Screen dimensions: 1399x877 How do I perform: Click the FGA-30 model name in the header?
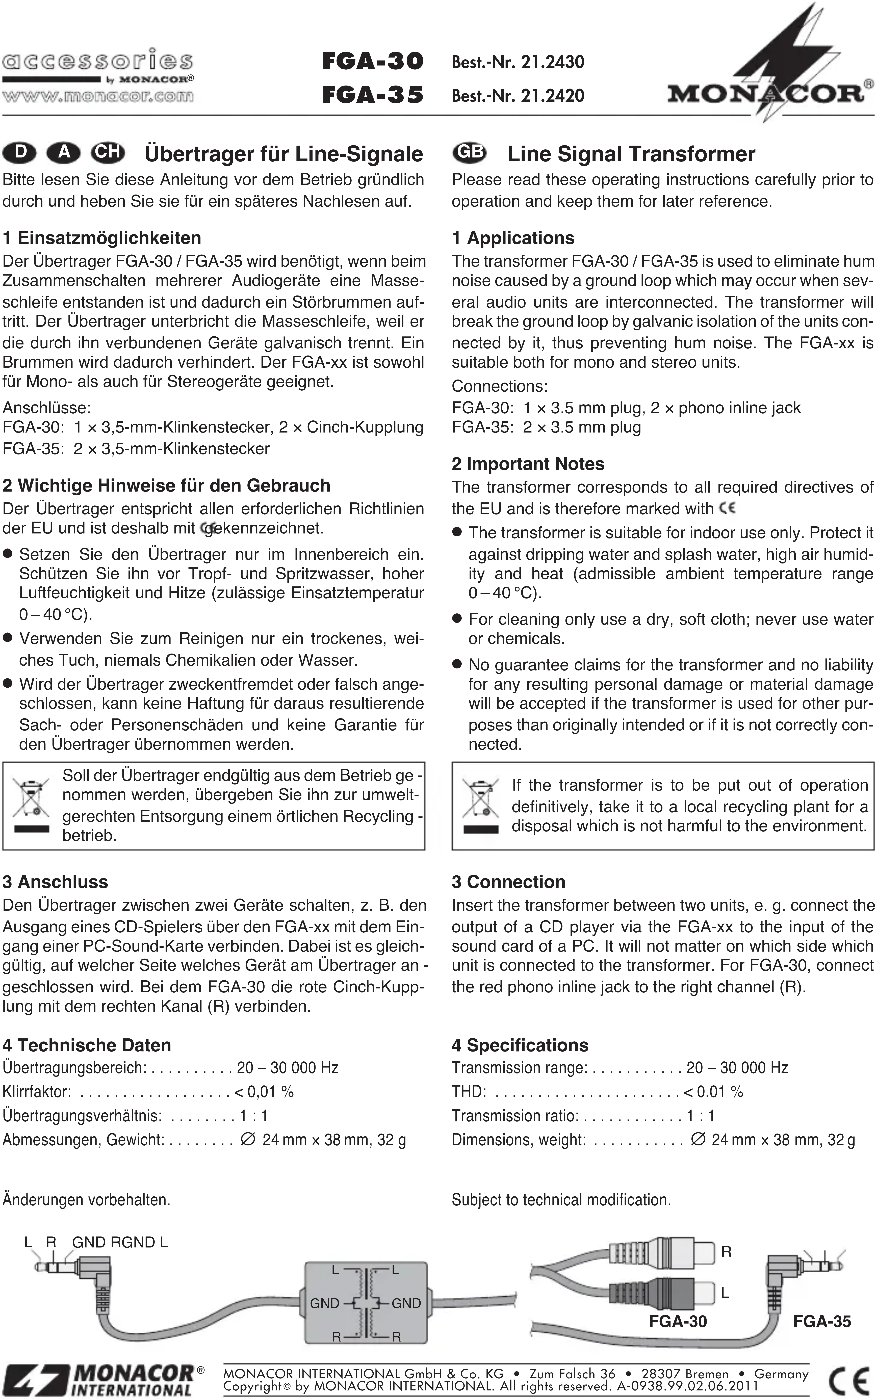(373, 61)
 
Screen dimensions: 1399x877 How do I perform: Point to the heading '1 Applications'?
(513, 238)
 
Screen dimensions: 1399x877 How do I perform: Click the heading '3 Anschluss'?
(55, 882)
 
